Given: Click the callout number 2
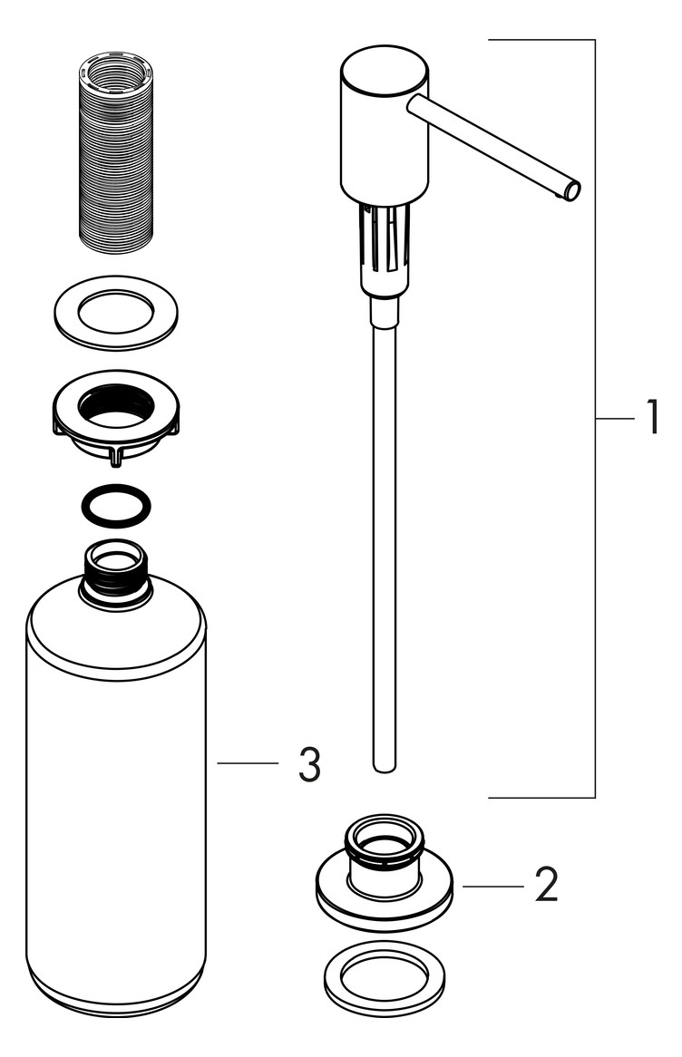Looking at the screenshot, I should (x=546, y=886).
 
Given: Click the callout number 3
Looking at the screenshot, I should (x=308, y=766).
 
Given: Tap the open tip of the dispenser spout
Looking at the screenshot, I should (x=572, y=189).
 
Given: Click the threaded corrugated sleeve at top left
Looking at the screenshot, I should (x=115, y=153).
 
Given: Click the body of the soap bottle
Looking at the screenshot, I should (x=115, y=798).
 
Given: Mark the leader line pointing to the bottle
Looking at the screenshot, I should (x=247, y=764).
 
